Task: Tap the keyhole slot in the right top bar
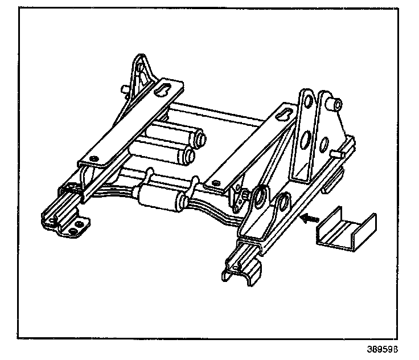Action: coord(283,115)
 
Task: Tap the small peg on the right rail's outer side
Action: coord(335,154)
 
